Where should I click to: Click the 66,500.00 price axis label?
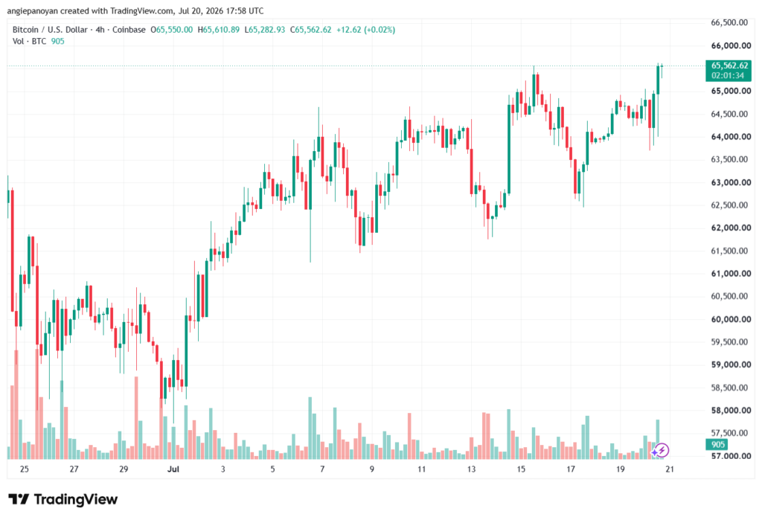coord(729,22)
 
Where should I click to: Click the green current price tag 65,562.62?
coord(729,65)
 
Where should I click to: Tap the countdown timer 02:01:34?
coord(728,76)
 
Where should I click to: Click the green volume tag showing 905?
coord(718,445)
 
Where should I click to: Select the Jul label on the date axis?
coord(173,469)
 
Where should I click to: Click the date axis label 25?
coord(25,469)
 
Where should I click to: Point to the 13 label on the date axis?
coord(471,469)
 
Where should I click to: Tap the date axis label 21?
coord(670,469)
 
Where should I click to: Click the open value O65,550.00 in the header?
coord(172,30)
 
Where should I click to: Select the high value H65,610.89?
coord(219,30)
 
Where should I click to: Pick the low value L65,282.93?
coord(265,30)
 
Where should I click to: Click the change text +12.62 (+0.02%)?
coord(366,30)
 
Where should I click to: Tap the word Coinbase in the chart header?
coord(129,30)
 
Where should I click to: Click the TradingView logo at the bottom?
coord(63,500)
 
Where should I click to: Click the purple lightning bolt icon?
coord(662,451)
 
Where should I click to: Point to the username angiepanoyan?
coord(32,10)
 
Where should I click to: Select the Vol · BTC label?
coord(29,42)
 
